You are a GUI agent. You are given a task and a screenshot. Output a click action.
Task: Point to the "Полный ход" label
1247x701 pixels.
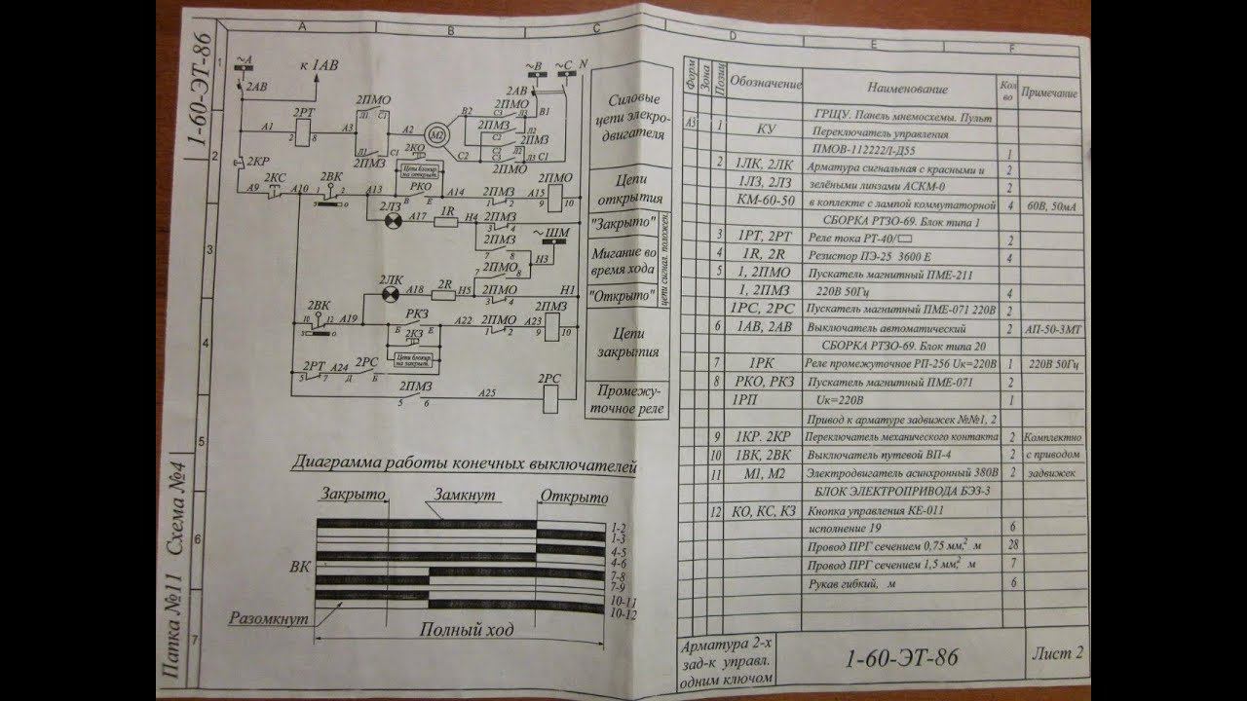point(466,630)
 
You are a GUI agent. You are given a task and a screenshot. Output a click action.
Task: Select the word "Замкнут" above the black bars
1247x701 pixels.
point(466,495)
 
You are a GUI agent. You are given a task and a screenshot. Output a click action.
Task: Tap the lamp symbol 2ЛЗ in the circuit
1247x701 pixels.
point(394,220)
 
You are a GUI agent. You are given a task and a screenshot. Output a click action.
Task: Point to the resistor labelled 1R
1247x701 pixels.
point(448,221)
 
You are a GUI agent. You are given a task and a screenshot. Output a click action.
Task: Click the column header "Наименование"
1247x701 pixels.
point(897,89)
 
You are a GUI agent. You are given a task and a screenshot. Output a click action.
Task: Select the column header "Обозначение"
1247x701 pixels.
point(766,86)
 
